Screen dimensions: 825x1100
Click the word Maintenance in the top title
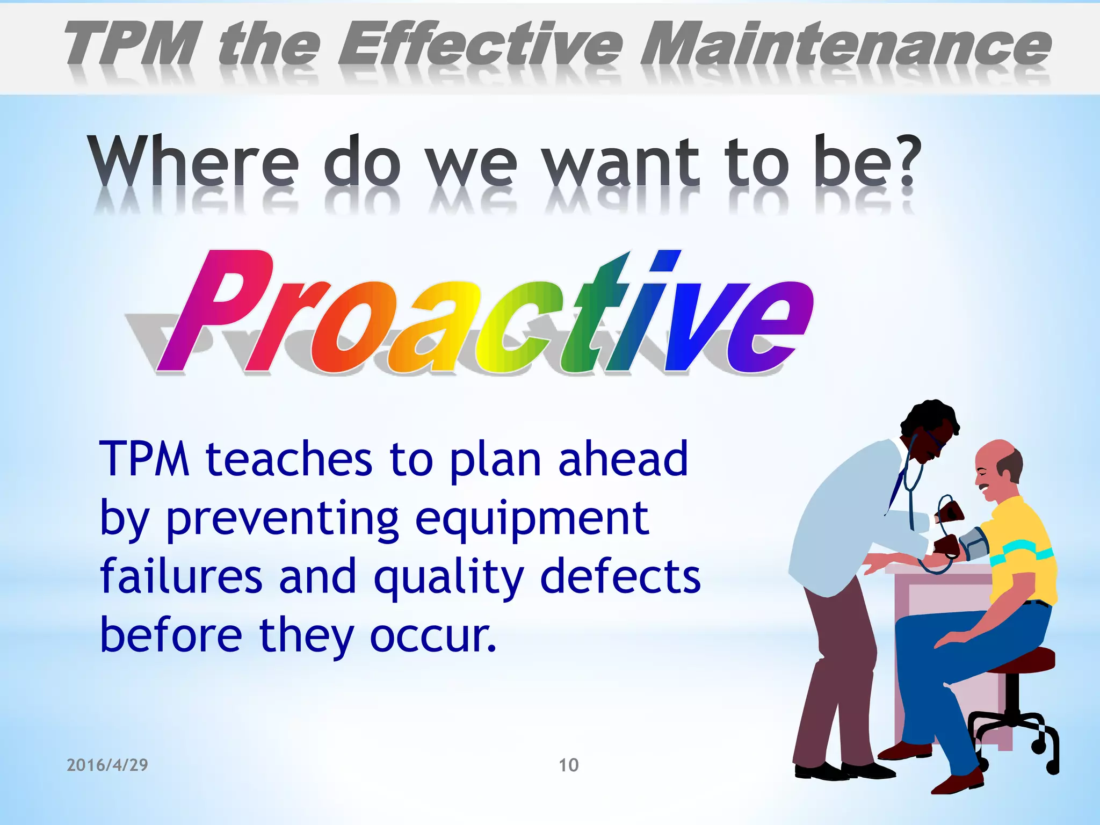point(845,46)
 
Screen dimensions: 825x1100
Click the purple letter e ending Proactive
point(773,328)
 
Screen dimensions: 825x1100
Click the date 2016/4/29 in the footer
point(107,765)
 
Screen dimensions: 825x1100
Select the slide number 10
point(569,765)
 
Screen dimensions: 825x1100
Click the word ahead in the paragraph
point(623,459)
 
